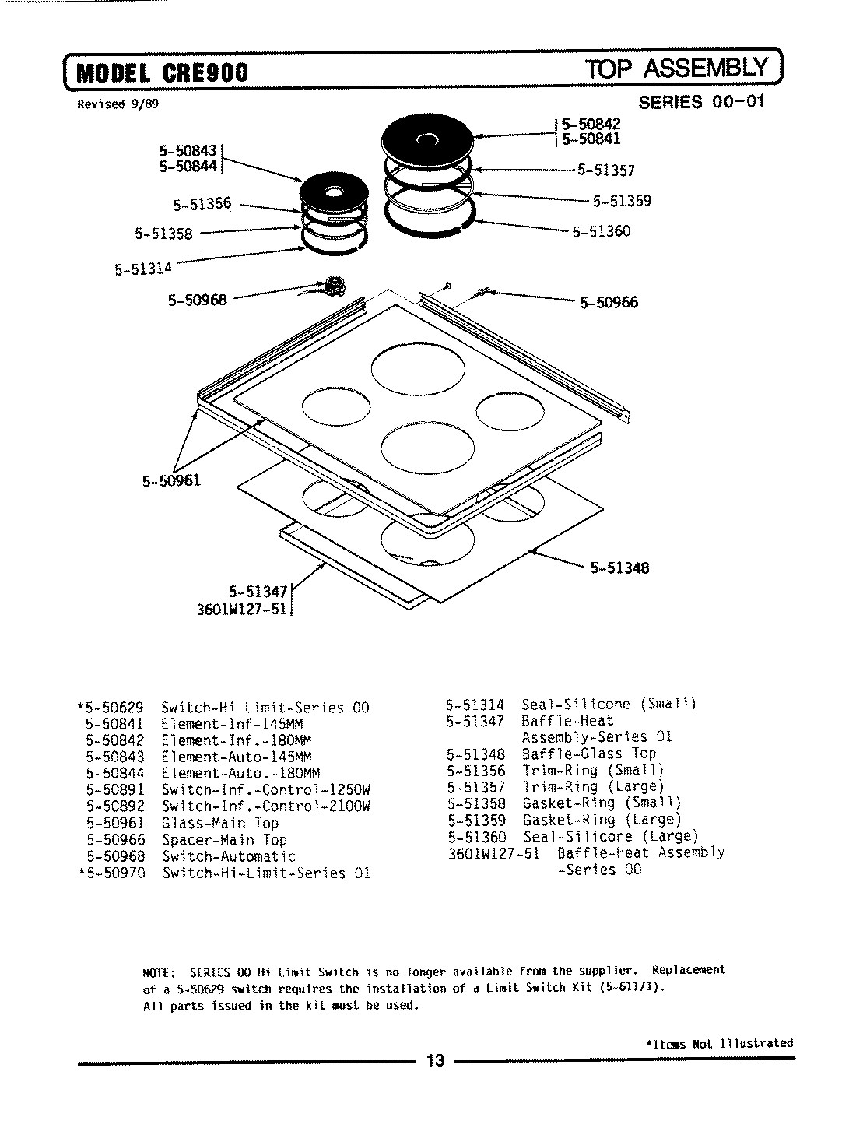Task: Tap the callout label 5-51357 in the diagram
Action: coord(605,170)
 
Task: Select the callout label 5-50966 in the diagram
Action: coord(609,303)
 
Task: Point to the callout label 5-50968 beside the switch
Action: coord(198,299)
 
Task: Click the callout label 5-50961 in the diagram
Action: coord(171,480)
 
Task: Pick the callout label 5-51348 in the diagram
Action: coord(619,568)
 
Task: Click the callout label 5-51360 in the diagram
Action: coord(601,231)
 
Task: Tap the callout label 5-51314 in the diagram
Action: coord(143,270)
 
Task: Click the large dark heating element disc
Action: coord(427,139)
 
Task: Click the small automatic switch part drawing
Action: coord(334,286)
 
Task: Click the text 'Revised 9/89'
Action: coord(118,104)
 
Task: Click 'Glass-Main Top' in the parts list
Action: coord(219,823)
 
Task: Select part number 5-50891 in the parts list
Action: coord(115,790)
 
